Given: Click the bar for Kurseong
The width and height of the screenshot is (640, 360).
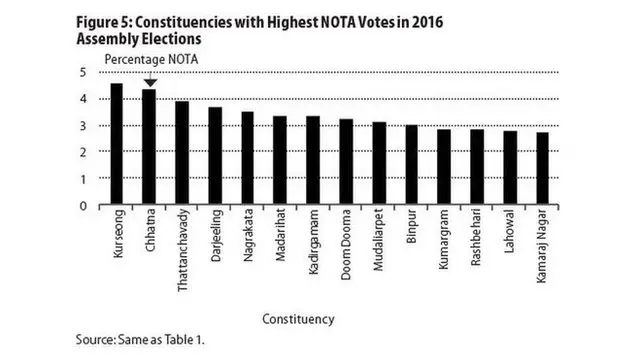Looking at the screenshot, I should pyautogui.click(x=116, y=144).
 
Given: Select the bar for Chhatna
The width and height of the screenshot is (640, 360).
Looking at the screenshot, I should pyautogui.click(x=149, y=147).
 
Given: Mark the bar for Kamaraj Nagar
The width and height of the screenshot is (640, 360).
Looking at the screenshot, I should pyautogui.click(x=542, y=169).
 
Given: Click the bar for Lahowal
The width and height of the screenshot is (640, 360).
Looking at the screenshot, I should pyautogui.click(x=510, y=168).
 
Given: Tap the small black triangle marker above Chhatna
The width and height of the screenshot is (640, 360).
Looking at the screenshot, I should pyautogui.click(x=149, y=83).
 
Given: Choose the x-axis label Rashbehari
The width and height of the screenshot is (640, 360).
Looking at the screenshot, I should pyautogui.click(x=477, y=241).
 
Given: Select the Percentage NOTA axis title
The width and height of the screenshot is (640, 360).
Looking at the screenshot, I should pyautogui.click(x=150, y=59).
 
